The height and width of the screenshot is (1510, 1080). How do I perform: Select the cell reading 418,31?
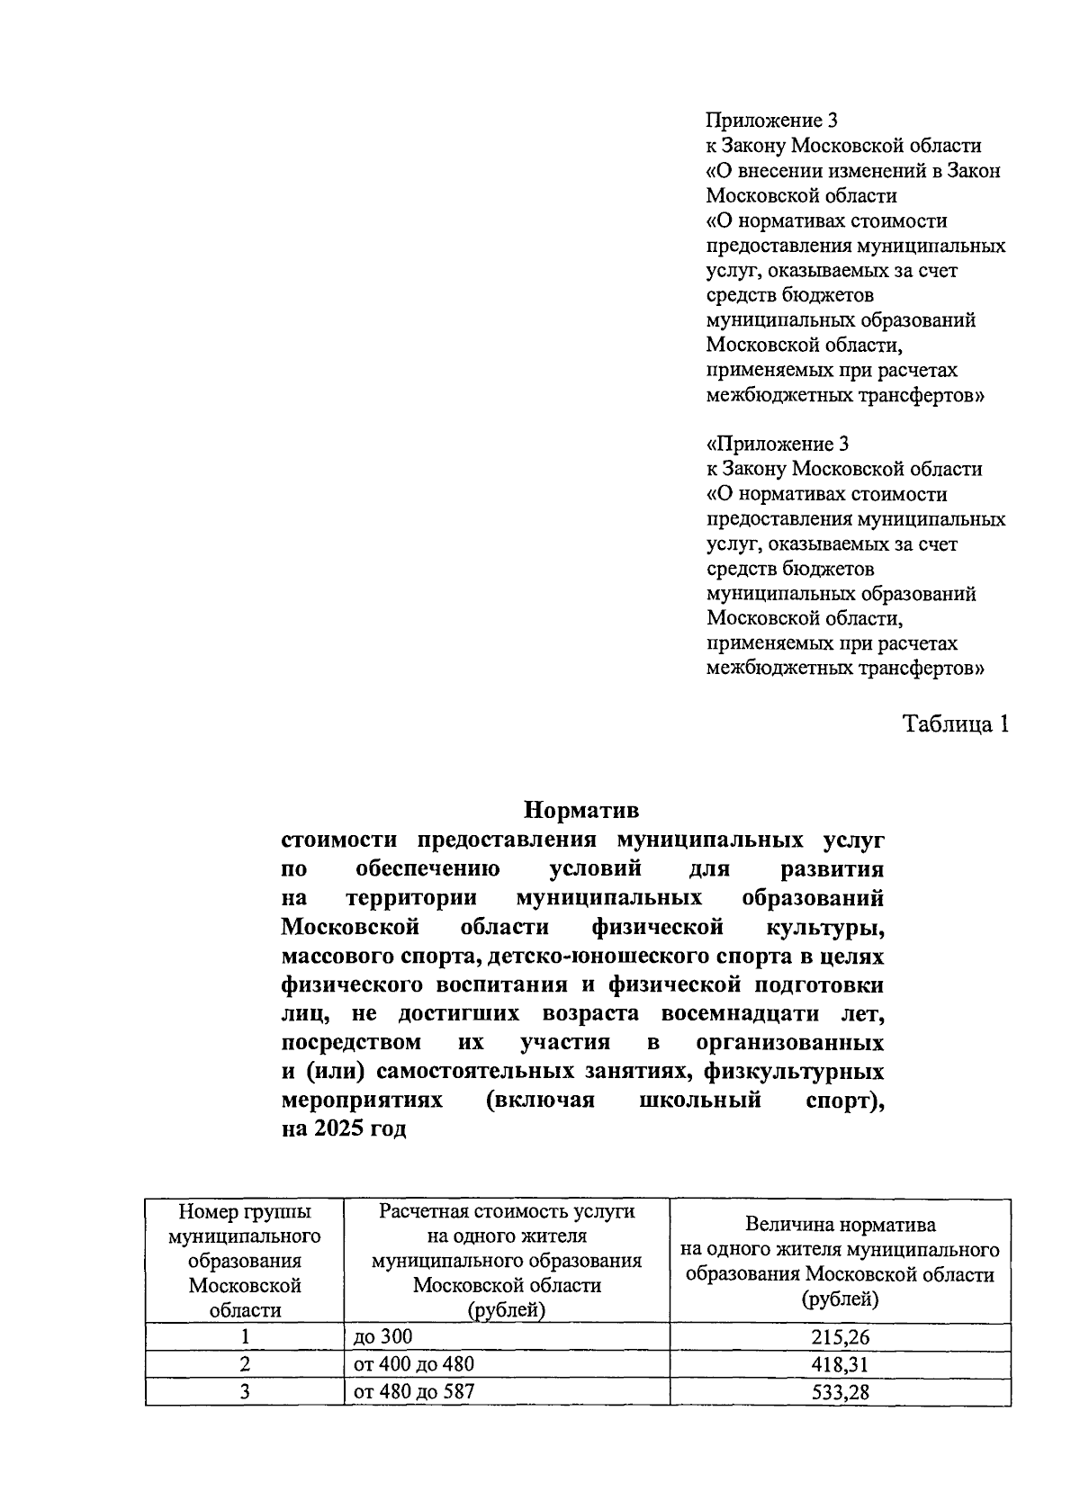tap(840, 1364)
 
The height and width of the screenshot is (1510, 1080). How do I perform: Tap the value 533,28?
tap(840, 1392)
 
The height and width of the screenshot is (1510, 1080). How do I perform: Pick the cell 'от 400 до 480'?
tap(414, 1363)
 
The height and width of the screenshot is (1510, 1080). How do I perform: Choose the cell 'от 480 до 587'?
tap(414, 1391)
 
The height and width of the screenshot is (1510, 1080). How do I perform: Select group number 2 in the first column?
tap(244, 1364)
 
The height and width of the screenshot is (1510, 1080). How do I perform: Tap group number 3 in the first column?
tap(244, 1392)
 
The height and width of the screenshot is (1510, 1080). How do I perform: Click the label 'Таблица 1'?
tap(956, 724)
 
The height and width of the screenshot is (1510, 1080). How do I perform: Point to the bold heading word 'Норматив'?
tap(581, 810)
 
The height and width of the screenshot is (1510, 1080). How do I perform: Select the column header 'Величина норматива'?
tap(840, 1225)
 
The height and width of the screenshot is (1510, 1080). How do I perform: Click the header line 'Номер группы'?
tap(245, 1211)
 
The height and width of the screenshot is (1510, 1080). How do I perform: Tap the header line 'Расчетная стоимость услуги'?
tap(507, 1211)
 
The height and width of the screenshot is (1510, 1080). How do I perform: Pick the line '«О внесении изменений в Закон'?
tap(853, 170)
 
